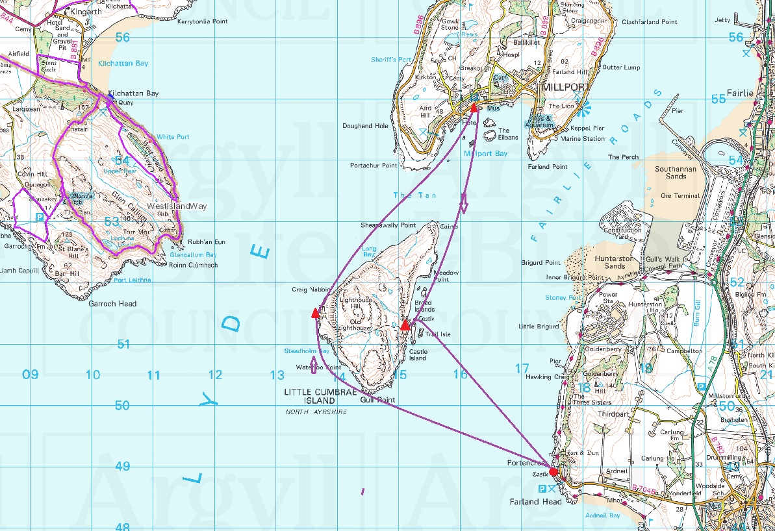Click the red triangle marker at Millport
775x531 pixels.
tap(474, 108)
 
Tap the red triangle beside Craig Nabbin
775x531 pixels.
tap(316, 313)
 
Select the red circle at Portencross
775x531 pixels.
tap(553, 472)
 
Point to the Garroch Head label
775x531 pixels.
tap(112, 304)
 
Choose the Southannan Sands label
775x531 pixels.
tap(676, 172)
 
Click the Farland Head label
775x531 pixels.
tap(534, 501)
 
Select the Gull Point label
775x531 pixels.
tap(377, 400)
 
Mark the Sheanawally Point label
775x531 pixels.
tap(388, 225)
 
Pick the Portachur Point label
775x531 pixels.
tap(374, 166)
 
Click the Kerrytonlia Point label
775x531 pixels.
tap(202, 21)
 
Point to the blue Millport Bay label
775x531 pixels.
tap(485, 154)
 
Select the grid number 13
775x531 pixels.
tap(277, 375)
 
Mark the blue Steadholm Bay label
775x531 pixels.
tap(307, 351)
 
